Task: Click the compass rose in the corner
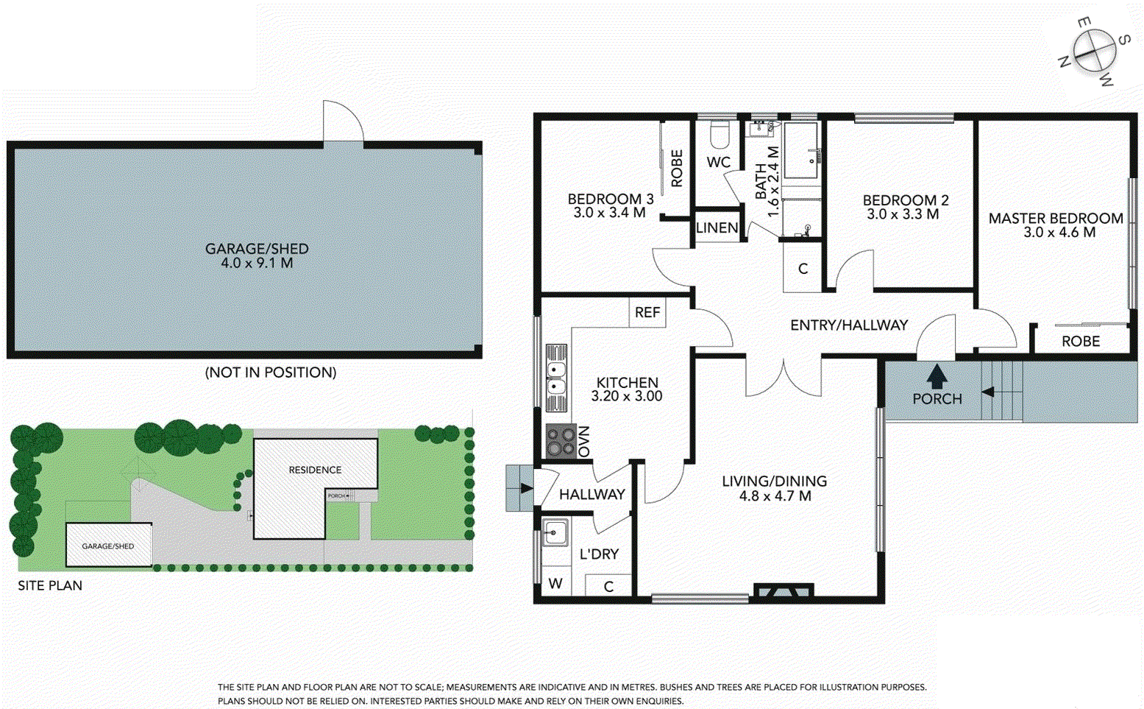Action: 1094,52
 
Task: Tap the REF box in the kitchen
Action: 647,312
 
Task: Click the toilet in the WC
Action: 718,135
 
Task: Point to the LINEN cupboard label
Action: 717,227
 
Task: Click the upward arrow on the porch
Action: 937,376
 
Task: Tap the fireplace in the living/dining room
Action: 784,590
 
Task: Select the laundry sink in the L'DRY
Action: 555,532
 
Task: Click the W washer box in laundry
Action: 555,584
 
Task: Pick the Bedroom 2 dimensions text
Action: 903,214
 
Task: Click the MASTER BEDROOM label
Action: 1055,218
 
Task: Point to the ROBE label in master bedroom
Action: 1080,341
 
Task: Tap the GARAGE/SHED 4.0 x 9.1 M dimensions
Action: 257,263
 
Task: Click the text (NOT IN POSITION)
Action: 270,373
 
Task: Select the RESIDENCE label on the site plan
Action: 315,470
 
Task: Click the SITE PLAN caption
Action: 50,585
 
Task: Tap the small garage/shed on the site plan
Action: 108,546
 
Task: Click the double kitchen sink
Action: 556,378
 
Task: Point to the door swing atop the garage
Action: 343,121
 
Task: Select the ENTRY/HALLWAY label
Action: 848,325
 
